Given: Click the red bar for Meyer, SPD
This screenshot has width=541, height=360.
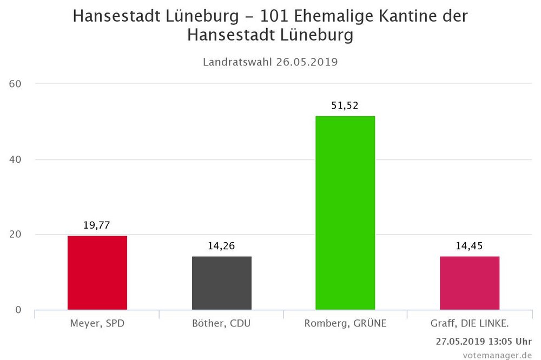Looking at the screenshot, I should [97, 272].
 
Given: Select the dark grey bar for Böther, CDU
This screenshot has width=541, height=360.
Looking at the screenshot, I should [222, 283].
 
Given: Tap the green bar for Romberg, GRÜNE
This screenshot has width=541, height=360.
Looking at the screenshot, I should [345, 213].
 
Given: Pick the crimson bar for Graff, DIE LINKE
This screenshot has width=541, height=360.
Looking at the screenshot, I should [470, 283].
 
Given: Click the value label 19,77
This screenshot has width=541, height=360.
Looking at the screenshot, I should [97, 225].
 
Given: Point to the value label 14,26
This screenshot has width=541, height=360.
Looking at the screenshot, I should [222, 246].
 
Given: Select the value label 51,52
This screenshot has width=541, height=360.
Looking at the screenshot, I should [345, 105].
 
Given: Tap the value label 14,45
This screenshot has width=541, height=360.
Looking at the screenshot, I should [470, 246].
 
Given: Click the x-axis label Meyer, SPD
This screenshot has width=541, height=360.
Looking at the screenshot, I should [97, 324].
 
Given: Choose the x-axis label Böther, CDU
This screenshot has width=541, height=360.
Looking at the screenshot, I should [222, 324].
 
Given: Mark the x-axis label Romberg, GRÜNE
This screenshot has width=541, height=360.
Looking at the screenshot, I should [345, 324].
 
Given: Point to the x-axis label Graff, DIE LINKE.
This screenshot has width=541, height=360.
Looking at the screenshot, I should [470, 324].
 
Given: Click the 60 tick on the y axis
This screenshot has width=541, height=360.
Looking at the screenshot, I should [14, 84].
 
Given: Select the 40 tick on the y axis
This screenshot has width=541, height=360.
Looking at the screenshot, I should [14, 159].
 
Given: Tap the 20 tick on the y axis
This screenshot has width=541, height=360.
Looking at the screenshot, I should [14, 235].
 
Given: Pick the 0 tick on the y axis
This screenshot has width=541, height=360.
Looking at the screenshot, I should [18, 310].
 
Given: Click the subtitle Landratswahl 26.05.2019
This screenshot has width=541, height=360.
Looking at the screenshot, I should [270, 62].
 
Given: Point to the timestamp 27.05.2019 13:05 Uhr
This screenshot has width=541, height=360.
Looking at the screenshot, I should [484, 342].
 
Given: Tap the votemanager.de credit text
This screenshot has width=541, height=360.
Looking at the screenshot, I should [497, 355].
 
